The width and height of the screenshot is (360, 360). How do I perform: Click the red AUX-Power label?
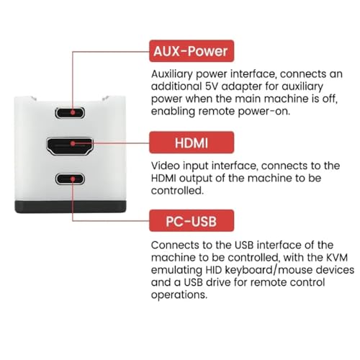tap(192, 51)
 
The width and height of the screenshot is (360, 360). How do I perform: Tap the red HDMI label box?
tap(192, 143)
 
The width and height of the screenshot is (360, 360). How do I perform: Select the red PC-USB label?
tap(192, 220)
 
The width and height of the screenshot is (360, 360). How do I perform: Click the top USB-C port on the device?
tap(70, 112)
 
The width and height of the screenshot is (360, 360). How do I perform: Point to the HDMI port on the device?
tap(70, 146)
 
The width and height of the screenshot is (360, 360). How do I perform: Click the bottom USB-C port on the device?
tap(70, 179)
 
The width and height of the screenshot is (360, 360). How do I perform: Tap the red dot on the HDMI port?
tap(73, 143)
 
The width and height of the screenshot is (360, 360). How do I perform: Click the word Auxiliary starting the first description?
tap(172, 74)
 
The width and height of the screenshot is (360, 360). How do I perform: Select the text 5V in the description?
tap(211, 86)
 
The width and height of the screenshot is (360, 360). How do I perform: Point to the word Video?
tap(166, 166)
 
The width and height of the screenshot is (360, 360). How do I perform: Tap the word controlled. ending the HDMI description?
tap(177, 191)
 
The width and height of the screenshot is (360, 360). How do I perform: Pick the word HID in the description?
tap(213, 270)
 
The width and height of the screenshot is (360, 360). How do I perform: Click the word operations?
tap(179, 295)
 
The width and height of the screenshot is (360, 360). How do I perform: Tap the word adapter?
tap(242, 87)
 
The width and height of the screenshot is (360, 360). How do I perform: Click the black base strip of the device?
tap(71, 207)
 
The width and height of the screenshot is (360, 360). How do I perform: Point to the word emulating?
tap(176, 270)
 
